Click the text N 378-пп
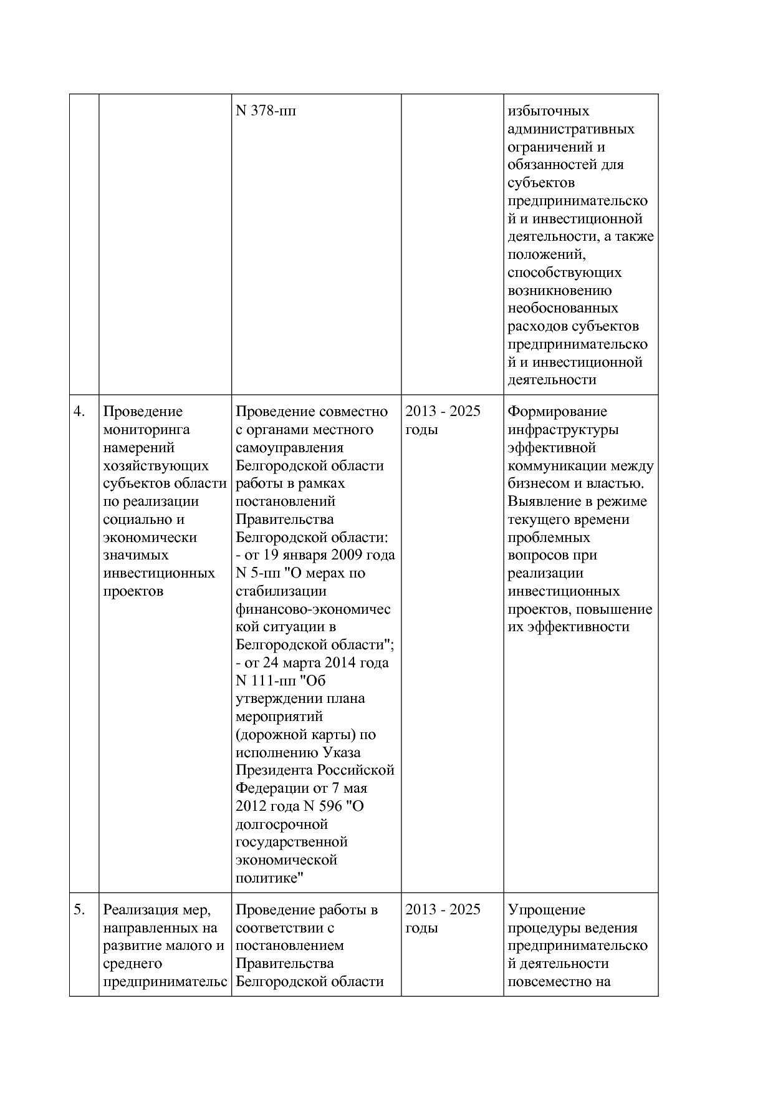point(266,111)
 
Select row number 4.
point(79,412)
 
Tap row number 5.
point(79,910)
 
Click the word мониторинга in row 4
point(146,430)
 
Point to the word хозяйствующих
point(156,466)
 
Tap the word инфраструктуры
point(563,430)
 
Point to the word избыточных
point(549,111)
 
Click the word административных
point(571,129)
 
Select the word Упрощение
point(547,910)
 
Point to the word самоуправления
point(290,448)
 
